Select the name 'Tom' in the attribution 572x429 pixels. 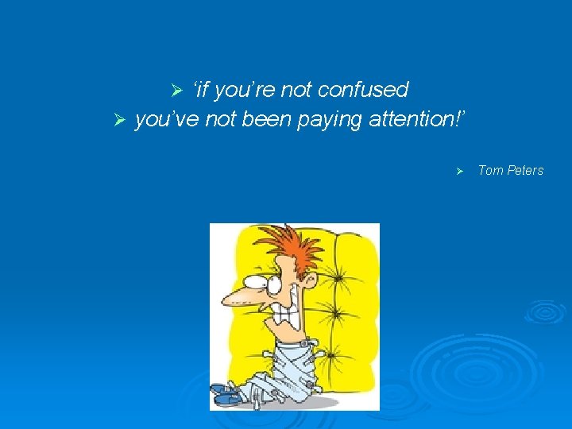(x=491, y=171)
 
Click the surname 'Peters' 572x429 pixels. (x=525, y=171)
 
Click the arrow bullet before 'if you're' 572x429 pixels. (x=178, y=91)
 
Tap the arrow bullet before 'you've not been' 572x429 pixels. (x=120, y=120)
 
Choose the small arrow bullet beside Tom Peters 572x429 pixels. (x=458, y=172)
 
